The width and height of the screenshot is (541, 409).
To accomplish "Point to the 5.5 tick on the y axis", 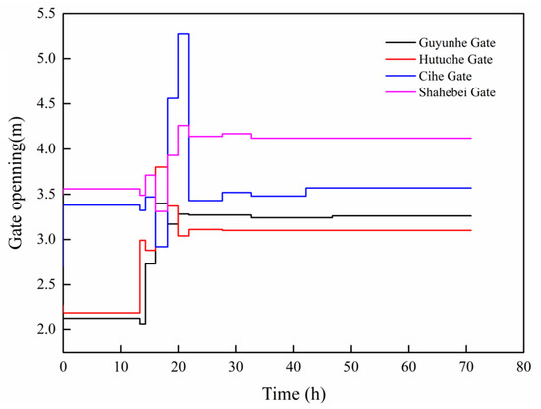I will [43, 14].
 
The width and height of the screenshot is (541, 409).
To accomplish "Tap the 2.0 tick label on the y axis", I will [43, 329].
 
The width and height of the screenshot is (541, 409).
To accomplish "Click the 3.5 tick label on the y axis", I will [43, 194].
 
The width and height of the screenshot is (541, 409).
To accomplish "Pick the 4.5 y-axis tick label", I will [43, 104].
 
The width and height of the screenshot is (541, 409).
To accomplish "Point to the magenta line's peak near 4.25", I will [183, 125].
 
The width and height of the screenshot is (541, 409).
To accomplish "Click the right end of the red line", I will [471, 230].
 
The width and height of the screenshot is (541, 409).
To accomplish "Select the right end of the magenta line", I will [471, 138].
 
